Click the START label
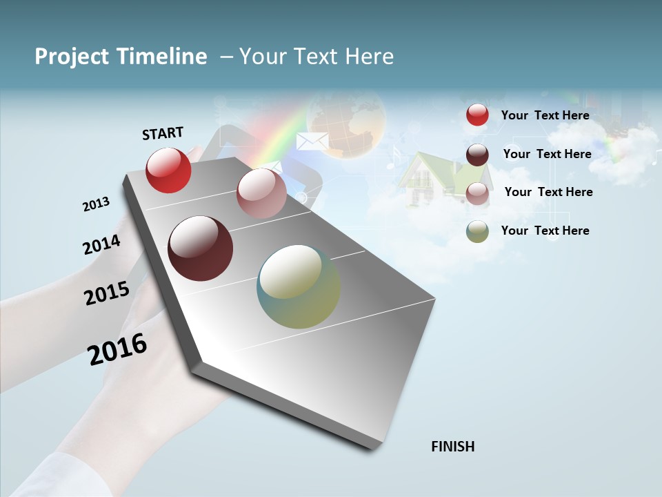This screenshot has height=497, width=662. [x=163, y=133]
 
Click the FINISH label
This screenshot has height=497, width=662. [x=452, y=447]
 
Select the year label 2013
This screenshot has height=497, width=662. [x=96, y=204]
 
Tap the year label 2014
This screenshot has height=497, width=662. [x=101, y=245]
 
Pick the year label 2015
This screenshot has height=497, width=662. [x=107, y=293]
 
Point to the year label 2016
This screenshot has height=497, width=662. [x=117, y=349]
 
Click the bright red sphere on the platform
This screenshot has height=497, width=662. [x=168, y=170]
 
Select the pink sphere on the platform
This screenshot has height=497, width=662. [x=261, y=193]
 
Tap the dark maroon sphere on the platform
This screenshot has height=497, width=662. [x=201, y=248]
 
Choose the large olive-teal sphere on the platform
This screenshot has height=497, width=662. [x=299, y=286]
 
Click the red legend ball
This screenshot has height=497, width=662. [x=477, y=115]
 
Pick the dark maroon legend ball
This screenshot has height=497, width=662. [x=477, y=155]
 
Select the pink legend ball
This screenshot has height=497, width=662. [x=477, y=194]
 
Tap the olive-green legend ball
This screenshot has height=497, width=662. [x=477, y=231]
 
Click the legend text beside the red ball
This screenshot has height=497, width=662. [x=545, y=115]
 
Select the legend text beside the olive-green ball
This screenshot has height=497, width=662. [x=545, y=231]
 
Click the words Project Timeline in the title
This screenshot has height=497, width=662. [x=121, y=57]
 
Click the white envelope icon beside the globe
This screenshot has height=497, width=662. [x=312, y=142]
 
